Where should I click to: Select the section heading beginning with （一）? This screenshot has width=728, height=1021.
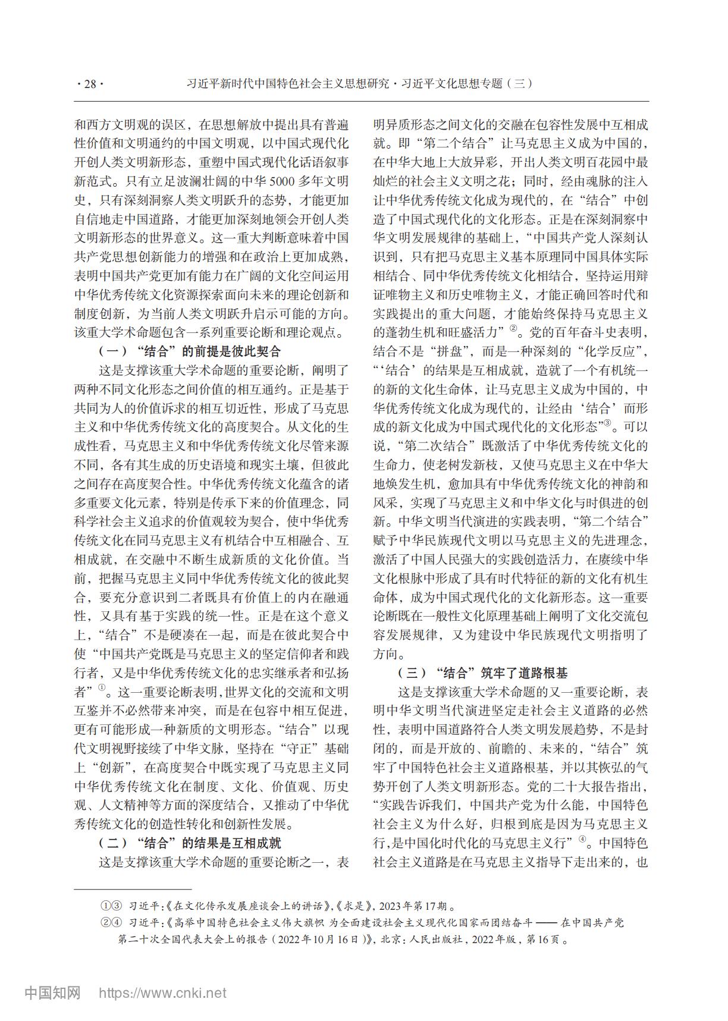coord(189,351)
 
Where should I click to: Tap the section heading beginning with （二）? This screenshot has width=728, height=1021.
coord(189,843)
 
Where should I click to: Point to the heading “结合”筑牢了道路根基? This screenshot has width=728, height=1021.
coord(482,673)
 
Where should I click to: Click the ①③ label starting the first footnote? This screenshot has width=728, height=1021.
coord(111,907)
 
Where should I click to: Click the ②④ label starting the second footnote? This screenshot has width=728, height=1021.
coord(111,923)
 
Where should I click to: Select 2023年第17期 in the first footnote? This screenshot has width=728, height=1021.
coord(413,907)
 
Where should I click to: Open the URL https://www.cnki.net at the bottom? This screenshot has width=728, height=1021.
coord(162,992)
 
